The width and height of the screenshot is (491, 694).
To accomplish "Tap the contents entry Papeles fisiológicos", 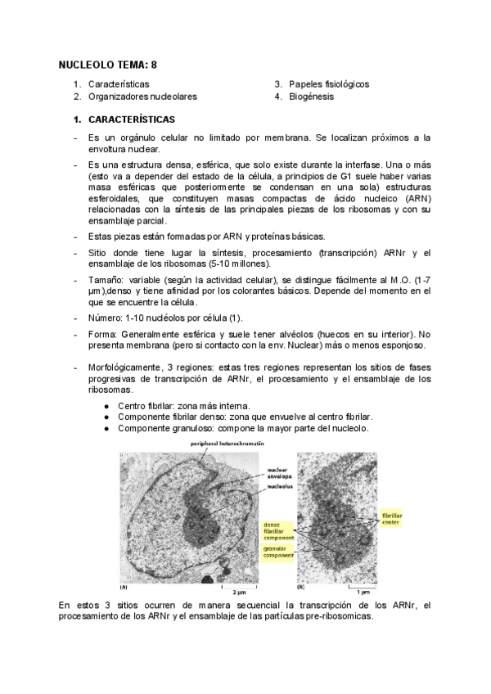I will (x=329, y=84).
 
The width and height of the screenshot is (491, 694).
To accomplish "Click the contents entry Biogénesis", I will (x=311, y=97).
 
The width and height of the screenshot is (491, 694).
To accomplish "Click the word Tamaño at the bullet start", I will (x=107, y=279).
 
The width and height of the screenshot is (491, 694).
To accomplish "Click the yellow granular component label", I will (x=277, y=552).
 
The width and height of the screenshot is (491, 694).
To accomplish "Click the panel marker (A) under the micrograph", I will (x=124, y=587).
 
